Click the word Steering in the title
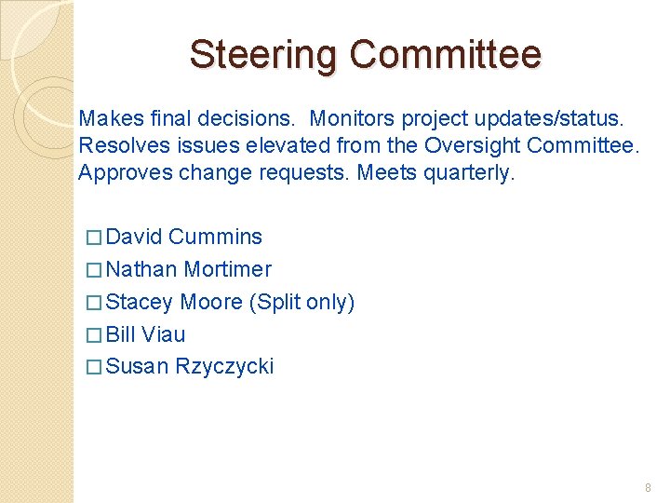264,54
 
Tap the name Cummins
216,238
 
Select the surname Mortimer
228,270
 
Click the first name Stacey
141,303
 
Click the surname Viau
165,334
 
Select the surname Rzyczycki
224,367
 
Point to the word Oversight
472,146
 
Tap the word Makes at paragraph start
106,119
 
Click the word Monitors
352,119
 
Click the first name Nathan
141,270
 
